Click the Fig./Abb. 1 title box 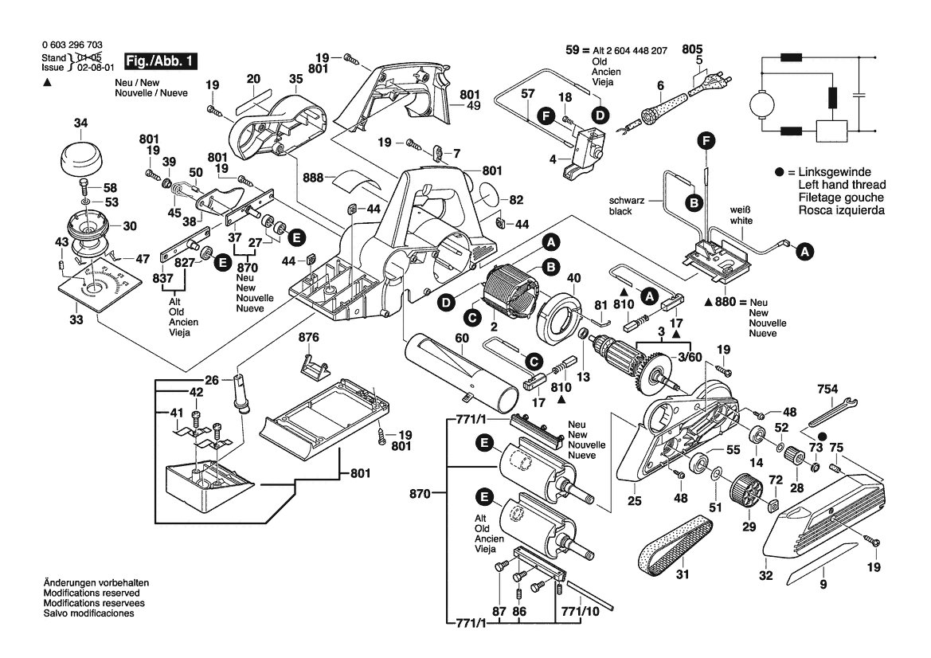point(155,61)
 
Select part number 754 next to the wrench point(828,389)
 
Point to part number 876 point(309,338)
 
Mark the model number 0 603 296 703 point(71,46)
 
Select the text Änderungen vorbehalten point(96,583)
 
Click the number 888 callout point(314,178)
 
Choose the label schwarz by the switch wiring point(627,201)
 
